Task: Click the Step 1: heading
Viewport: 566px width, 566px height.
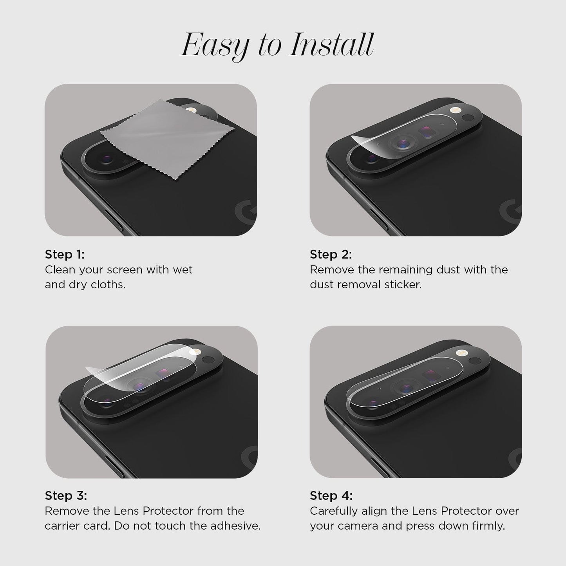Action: (x=65, y=254)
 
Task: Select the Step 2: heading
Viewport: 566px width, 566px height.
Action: (x=331, y=254)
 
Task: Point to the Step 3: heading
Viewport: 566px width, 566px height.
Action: (x=66, y=495)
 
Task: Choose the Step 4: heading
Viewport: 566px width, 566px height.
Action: (x=331, y=495)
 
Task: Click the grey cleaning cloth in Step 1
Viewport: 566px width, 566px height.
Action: (x=167, y=138)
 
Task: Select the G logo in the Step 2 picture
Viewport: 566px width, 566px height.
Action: (x=510, y=211)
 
